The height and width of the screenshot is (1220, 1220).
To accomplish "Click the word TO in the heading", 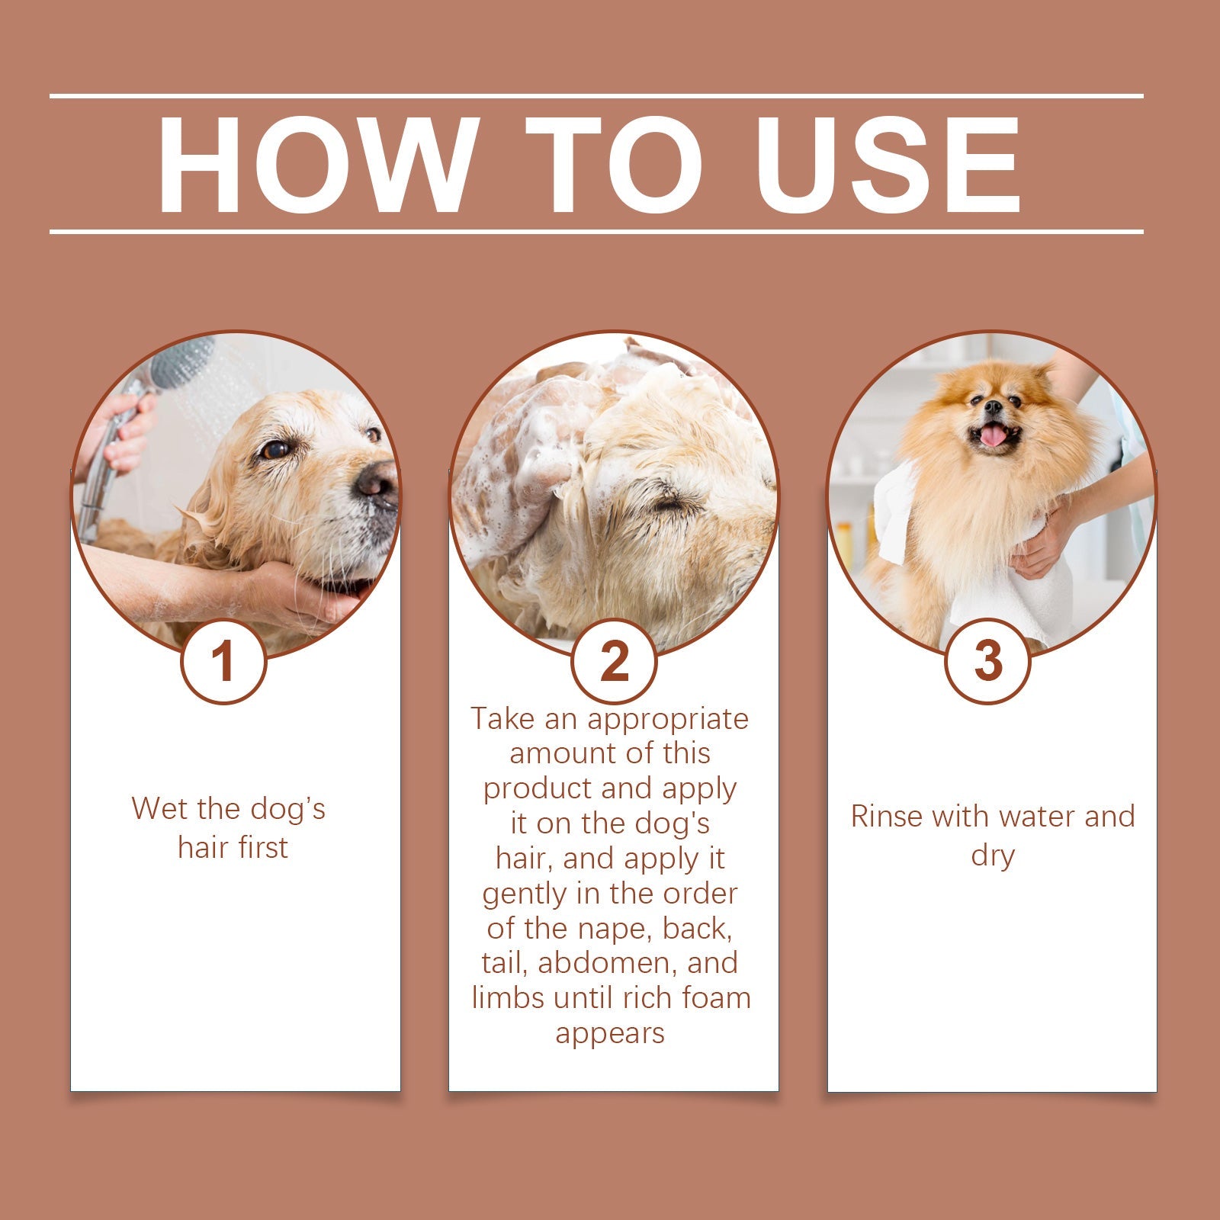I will [x=614, y=165].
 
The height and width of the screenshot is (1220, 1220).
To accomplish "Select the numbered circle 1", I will [x=223, y=661].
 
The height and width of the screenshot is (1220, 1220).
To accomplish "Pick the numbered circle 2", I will [x=614, y=661].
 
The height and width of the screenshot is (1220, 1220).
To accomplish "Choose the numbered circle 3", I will [x=988, y=661].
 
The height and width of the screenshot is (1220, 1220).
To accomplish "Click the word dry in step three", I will [x=992, y=856].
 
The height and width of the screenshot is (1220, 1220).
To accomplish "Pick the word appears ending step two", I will [x=610, y=1034].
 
